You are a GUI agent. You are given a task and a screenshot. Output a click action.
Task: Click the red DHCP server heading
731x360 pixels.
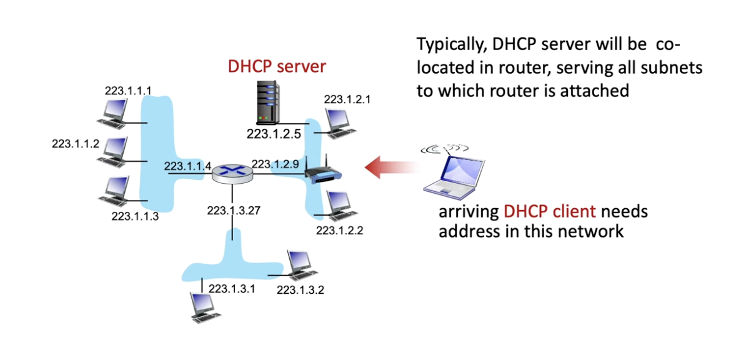(277, 66)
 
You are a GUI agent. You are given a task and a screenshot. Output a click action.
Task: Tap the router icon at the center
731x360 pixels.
(232, 172)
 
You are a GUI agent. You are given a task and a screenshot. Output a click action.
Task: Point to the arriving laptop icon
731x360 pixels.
(454, 174)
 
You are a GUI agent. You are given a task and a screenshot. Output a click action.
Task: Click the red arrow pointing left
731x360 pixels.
(391, 167)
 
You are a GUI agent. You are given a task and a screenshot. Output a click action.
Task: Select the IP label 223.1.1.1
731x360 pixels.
(127, 91)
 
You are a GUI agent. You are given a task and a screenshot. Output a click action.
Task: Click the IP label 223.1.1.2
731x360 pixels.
(75, 144)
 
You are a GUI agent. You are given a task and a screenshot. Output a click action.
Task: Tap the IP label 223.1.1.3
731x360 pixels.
(135, 216)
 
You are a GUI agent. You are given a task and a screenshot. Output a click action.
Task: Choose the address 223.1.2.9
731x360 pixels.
(276, 164)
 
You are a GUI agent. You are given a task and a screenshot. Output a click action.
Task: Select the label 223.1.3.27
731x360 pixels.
(233, 209)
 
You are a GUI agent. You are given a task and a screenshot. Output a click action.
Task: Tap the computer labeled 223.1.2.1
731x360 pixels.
(336, 122)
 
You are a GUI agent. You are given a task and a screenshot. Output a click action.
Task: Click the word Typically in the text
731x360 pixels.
(452, 46)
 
